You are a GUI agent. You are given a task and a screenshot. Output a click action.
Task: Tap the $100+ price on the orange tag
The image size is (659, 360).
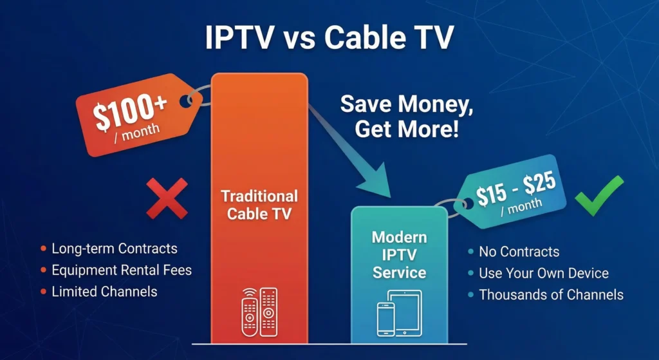(x=132, y=110)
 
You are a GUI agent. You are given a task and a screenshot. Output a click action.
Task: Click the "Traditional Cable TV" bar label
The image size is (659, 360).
(x=259, y=204)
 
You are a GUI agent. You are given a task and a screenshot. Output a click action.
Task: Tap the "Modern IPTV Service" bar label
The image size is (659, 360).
(x=399, y=254)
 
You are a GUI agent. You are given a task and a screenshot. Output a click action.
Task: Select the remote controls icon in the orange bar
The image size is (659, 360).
(x=259, y=312)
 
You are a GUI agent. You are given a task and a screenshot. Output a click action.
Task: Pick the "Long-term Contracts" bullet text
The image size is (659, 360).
(x=114, y=248)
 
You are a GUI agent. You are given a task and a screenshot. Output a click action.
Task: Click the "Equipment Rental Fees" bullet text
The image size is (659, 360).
(x=122, y=270)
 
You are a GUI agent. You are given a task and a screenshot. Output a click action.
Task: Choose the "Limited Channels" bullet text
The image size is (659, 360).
(x=104, y=291)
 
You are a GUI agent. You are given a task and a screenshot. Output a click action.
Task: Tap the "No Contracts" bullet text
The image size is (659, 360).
(x=519, y=252)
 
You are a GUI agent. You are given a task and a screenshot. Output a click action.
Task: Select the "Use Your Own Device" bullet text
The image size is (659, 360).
(x=543, y=273)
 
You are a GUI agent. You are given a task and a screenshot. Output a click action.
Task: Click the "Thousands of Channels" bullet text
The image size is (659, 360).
(x=551, y=295)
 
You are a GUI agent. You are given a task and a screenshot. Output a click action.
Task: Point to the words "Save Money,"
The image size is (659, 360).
(x=407, y=106)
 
